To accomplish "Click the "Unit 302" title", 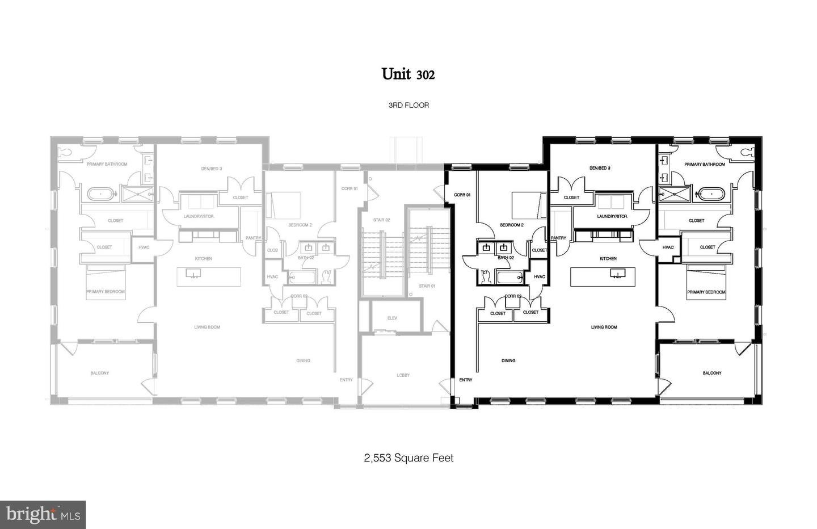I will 408,74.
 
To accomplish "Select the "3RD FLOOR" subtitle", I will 408,105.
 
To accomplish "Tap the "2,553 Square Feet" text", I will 408,457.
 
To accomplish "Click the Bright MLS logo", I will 43,514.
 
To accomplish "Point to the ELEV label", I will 392,318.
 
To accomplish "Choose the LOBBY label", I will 403,375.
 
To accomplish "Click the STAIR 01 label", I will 427,286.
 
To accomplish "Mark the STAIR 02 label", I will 382,220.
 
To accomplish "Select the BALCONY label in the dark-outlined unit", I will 712,373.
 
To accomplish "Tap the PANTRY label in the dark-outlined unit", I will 558,238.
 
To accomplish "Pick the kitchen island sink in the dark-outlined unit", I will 616,274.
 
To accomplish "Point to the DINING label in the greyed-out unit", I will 303,360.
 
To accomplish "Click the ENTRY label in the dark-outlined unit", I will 466,380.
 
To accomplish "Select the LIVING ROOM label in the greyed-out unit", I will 207,327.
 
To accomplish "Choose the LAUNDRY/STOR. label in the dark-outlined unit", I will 612,216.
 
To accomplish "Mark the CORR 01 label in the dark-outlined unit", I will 462,195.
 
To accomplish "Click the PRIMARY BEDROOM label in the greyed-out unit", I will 106,292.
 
